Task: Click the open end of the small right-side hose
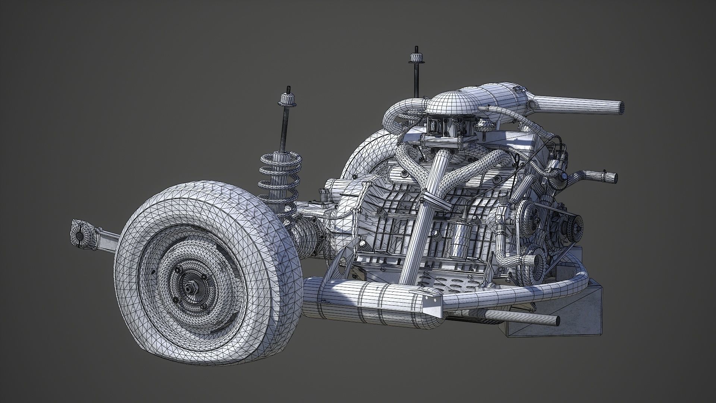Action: pyautogui.click(x=614, y=177)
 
